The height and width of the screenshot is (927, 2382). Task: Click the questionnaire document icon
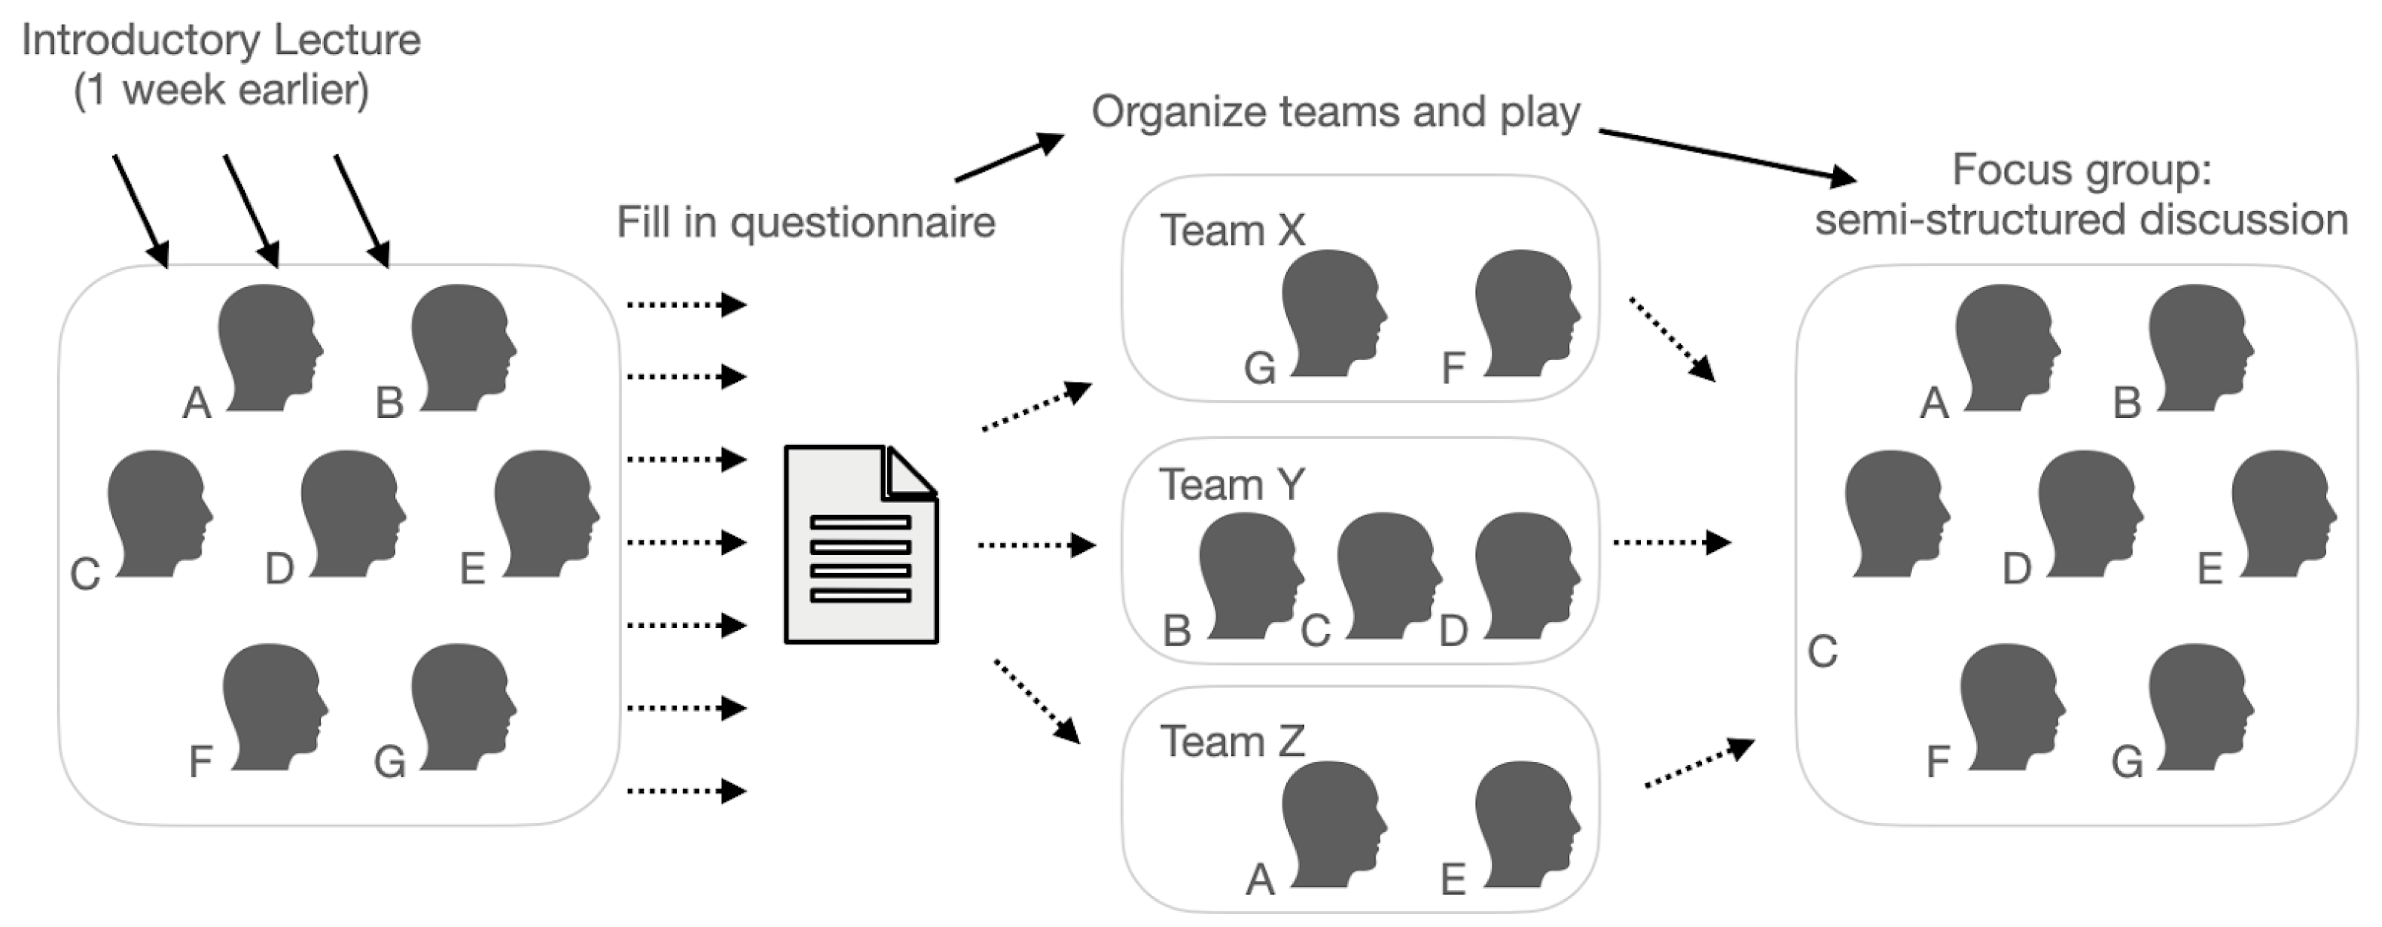[861, 545]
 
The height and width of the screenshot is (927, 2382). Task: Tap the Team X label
[1232, 230]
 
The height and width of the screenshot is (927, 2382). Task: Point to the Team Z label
[1232, 741]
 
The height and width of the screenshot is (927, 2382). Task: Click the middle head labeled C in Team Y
[1387, 575]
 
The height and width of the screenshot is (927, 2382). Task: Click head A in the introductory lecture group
[268, 346]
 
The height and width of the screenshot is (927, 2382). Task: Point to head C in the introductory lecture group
[158, 513]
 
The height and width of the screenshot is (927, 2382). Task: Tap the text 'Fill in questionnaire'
[805, 223]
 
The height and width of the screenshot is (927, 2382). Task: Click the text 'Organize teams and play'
[1335, 113]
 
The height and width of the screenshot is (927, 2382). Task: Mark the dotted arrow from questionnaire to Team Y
[1035, 545]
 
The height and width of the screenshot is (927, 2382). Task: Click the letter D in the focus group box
[2016, 569]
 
